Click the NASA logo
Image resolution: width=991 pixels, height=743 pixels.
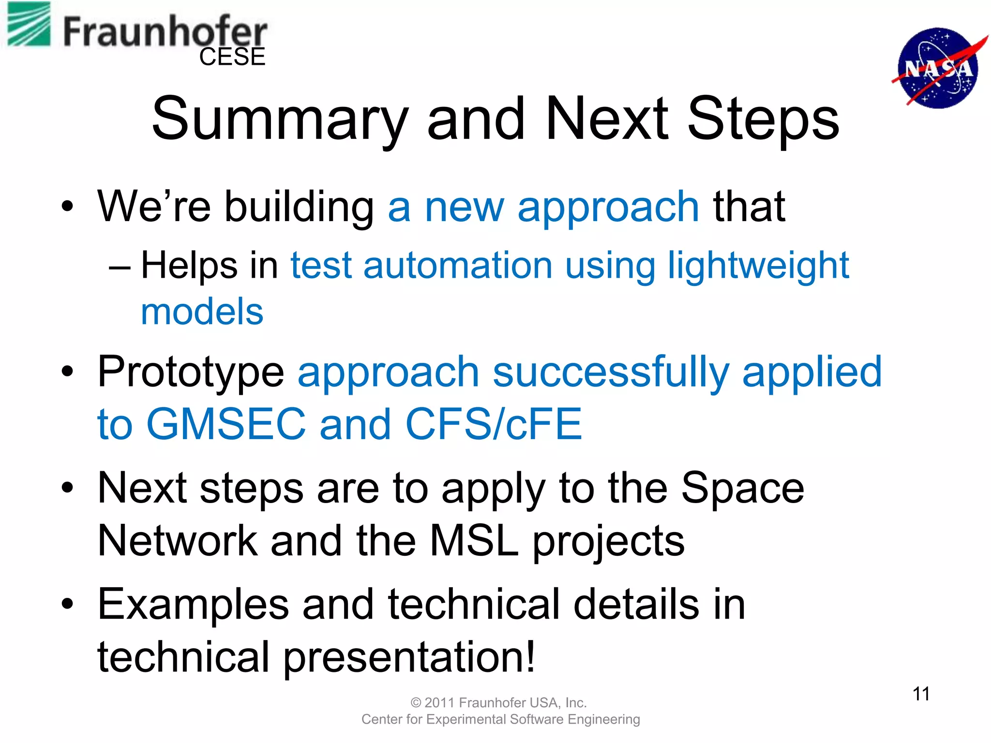(x=938, y=68)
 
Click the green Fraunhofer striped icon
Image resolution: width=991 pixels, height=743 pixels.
(x=29, y=24)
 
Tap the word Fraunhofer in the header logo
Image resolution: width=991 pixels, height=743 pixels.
(x=165, y=32)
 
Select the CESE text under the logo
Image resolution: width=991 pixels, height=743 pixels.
(x=232, y=57)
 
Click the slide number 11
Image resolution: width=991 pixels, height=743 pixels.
(x=921, y=694)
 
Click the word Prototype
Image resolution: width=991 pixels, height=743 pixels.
(x=191, y=372)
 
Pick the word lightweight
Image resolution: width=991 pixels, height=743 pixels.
(x=758, y=266)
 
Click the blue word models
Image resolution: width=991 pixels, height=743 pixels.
(x=202, y=312)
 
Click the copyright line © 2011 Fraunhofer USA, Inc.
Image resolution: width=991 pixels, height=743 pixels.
(x=498, y=702)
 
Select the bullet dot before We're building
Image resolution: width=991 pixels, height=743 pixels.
(x=67, y=207)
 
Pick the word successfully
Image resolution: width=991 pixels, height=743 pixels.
(x=611, y=372)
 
